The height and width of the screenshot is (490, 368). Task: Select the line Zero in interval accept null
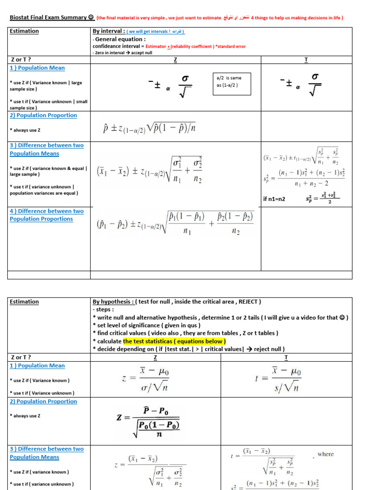(122, 53)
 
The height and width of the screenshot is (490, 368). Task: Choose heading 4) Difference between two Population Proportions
(46, 215)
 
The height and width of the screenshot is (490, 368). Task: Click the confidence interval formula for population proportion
(150, 128)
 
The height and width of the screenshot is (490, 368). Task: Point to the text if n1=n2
(274, 199)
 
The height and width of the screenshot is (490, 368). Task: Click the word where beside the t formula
(325, 454)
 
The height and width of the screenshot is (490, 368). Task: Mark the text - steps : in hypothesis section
(104, 310)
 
